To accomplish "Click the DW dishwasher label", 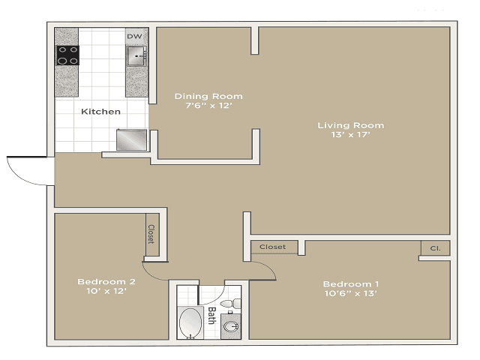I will pos(134,36).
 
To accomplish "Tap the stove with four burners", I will pos(68,55).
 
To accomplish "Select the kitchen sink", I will pos(136,55).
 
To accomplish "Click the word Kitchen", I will pos(100,111).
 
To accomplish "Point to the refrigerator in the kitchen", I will pos(131,139).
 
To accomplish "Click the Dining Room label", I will pos(208,96).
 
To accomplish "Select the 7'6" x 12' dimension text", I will pos(208,106).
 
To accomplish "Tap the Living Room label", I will pos(350,125).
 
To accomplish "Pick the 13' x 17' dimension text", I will pos(350,135).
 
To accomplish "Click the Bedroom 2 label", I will pos(106,282).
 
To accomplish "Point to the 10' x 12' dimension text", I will pos(106,292).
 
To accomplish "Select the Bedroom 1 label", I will pos(350,283).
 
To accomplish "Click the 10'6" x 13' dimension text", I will pos(350,293).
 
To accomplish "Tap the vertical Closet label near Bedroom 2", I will pos(151,235).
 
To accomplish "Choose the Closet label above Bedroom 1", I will pos(272,247).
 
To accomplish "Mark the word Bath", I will pos(212,314).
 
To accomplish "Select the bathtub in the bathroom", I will pos(190,323).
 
